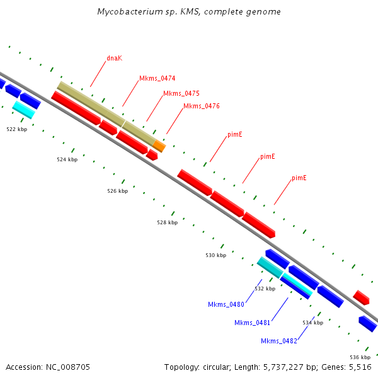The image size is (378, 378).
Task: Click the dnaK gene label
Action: click(x=114, y=58)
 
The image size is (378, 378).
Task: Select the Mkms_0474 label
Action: click(x=157, y=79)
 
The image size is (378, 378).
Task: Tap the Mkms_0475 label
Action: click(x=181, y=93)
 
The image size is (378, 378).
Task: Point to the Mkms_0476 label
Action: click(x=201, y=106)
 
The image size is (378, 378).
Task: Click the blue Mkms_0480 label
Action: click(x=226, y=304)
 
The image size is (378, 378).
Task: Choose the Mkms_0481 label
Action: click(x=252, y=323)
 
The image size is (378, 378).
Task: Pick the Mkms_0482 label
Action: click(x=278, y=341)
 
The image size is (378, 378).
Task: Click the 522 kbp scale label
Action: click(x=16, y=129)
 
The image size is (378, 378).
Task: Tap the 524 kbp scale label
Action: click(x=67, y=159)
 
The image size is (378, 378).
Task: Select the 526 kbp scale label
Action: click(x=117, y=191)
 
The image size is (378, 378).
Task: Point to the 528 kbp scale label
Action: click(x=167, y=222)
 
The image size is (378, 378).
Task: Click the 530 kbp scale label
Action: click(x=215, y=255)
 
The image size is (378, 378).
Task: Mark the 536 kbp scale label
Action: click(x=360, y=357)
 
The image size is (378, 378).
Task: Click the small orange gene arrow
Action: click(x=159, y=146)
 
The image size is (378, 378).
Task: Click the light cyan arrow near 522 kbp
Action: click(x=23, y=110)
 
